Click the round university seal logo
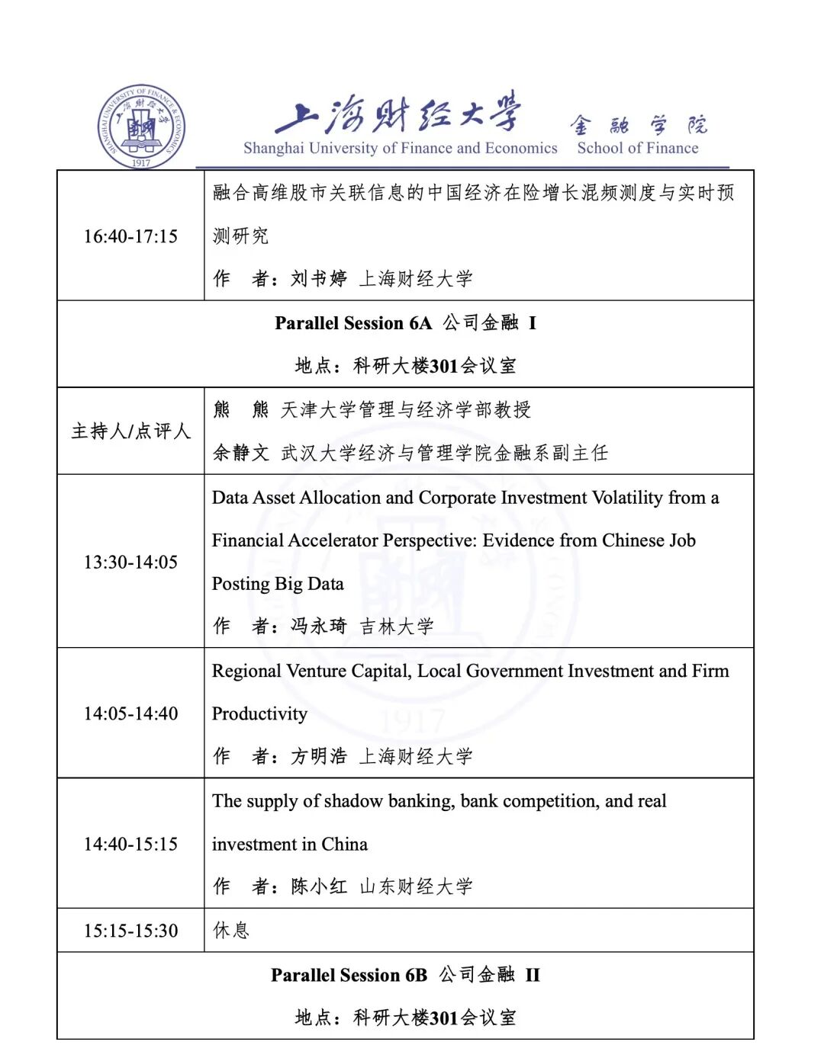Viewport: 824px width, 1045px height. (x=141, y=127)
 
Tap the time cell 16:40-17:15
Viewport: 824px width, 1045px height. (x=130, y=236)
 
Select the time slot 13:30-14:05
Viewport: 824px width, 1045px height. (x=130, y=563)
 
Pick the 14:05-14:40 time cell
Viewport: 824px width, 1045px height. (x=130, y=714)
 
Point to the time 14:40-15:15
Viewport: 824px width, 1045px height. (x=130, y=845)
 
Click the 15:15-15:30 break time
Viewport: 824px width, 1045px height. (x=130, y=931)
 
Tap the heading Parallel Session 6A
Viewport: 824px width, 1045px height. (x=353, y=323)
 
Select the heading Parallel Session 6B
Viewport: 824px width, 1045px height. (x=349, y=976)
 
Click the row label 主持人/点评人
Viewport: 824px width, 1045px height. (x=130, y=431)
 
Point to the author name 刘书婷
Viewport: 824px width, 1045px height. (x=318, y=279)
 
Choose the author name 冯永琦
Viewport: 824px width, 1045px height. (x=318, y=627)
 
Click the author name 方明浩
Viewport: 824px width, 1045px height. (x=318, y=757)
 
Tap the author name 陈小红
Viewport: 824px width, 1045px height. (x=318, y=886)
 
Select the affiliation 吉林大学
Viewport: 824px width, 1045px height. (x=397, y=627)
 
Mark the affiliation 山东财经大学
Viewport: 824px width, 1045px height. (x=416, y=886)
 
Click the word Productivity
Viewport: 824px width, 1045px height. (x=259, y=714)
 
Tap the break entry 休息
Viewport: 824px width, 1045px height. (x=231, y=931)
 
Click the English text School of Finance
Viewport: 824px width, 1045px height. (x=637, y=148)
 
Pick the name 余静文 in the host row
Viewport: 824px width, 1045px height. (x=240, y=454)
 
